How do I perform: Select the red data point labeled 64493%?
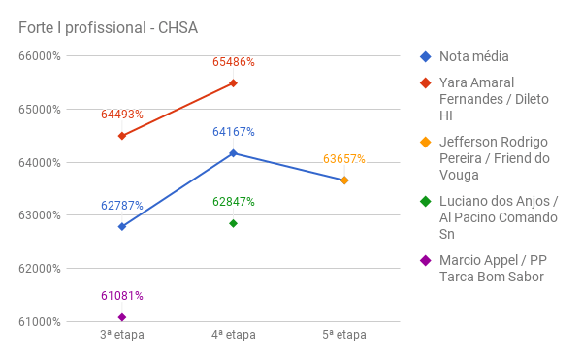pyautogui.click(x=122, y=136)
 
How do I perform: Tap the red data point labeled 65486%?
pyautogui.click(x=234, y=83)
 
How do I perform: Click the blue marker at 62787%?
pyautogui.click(x=122, y=226)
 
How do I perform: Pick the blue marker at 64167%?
pyautogui.click(x=234, y=153)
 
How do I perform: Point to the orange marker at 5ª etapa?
pyautogui.click(x=344, y=180)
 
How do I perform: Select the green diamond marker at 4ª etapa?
pyautogui.click(x=234, y=223)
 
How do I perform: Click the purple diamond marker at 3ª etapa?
pyautogui.click(x=122, y=317)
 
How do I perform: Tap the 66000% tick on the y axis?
pyautogui.click(x=40, y=56)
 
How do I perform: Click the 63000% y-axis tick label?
pyautogui.click(x=40, y=215)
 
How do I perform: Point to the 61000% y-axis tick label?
pyautogui.click(x=40, y=322)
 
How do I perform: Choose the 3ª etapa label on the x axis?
pyautogui.click(x=122, y=335)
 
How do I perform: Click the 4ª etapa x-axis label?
pyautogui.click(x=234, y=335)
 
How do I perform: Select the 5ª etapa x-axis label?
pyautogui.click(x=344, y=335)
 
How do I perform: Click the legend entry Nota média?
pyautogui.click(x=473, y=56)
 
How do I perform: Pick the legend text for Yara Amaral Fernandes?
pyautogui.click(x=490, y=99)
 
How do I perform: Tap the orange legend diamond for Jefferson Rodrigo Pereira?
pyautogui.click(x=425, y=142)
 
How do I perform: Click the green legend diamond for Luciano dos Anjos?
pyautogui.click(x=425, y=202)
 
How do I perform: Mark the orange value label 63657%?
pyautogui.click(x=344, y=159)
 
